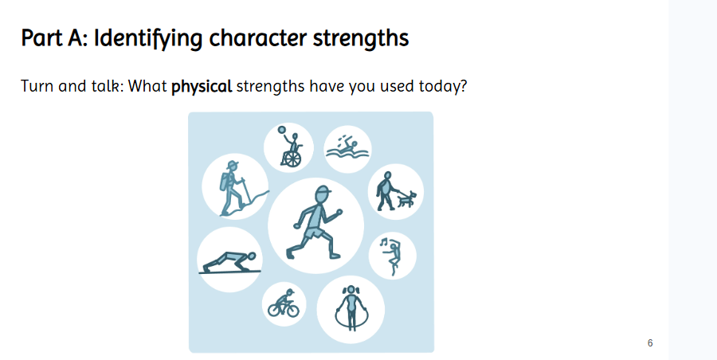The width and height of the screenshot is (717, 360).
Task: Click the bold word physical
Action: point(202,87)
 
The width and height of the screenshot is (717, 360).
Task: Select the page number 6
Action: point(650,343)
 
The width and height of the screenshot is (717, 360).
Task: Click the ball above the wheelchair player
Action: point(282,130)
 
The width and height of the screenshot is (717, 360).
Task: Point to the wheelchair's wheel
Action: point(292,159)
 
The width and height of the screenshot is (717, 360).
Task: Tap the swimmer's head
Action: point(353,144)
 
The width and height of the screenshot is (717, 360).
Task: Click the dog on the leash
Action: point(406,199)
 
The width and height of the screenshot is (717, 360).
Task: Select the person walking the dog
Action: point(386,191)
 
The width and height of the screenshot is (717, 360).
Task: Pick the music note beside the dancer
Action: point(384,241)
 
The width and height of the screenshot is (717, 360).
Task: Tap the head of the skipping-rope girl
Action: point(351,291)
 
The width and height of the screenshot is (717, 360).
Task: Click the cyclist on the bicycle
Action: point(284,303)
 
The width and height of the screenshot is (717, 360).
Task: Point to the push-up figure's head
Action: point(251,257)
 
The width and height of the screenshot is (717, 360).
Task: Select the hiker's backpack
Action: point(224,182)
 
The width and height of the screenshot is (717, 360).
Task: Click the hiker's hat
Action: point(233,165)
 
